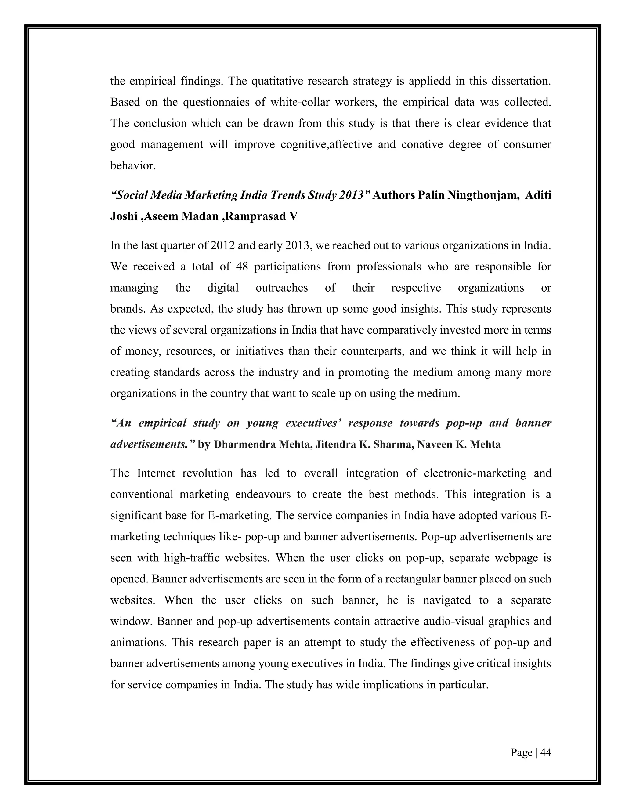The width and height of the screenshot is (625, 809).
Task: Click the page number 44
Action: pyautogui.click(x=545, y=752)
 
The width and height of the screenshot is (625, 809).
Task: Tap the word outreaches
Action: pyautogui.click(x=281, y=288)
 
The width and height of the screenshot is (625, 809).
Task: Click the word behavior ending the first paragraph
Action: pyautogui.click(x=132, y=165)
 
